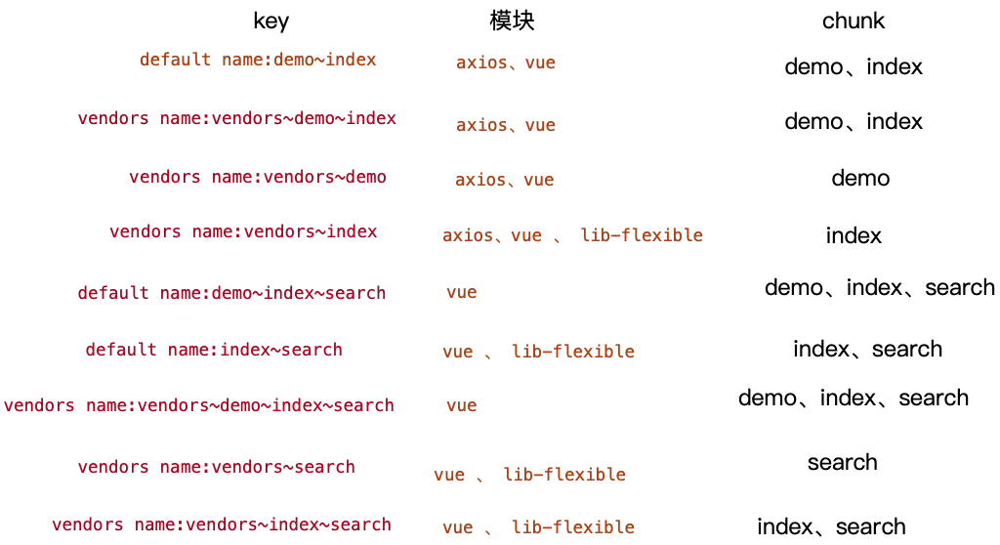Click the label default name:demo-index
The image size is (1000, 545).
[x=258, y=60]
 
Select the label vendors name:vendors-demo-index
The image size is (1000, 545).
[x=237, y=118]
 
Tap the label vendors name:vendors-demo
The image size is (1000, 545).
[x=257, y=178]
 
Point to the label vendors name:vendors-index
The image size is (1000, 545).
[x=244, y=233]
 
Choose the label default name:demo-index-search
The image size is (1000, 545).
[x=232, y=293]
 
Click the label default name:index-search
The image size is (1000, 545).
[x=213, y=350]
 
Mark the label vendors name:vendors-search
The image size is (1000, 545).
[x=217, y=468]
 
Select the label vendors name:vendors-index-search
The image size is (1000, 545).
[x=221, y=524]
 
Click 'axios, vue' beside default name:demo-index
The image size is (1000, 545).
[x=505, y=63]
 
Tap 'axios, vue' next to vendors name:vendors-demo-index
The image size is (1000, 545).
[x=505, y=126]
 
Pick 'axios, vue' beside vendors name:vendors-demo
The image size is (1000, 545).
[x=504, y=181]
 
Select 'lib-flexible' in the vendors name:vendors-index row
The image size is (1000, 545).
[x=640, y=235]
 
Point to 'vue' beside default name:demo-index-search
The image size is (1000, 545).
[x=461, y=293]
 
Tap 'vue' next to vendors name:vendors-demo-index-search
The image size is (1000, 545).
[x=461, y=405]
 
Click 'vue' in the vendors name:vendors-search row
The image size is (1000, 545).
[x=450, y=476]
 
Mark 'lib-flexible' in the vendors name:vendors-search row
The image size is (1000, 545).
[x=563, y=476]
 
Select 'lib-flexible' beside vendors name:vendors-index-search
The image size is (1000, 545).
[x=573, y=528]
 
